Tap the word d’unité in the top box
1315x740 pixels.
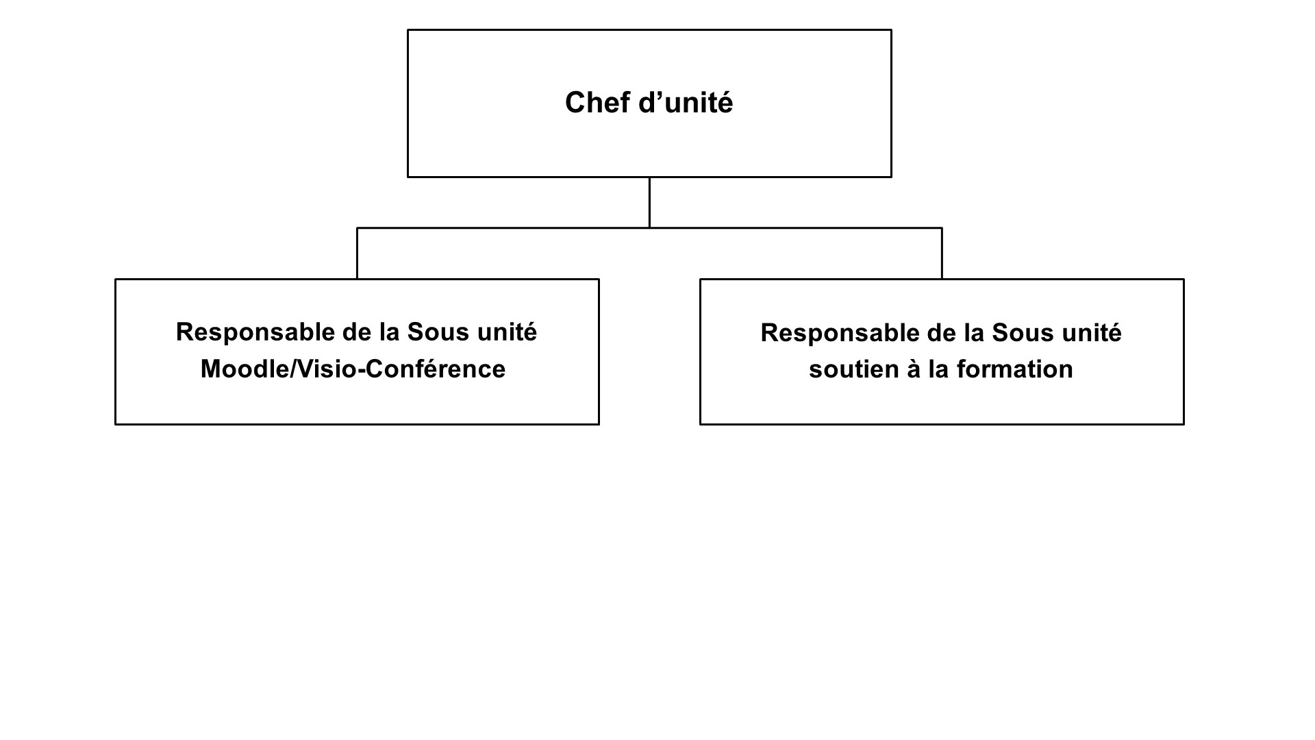(x=686, y=103)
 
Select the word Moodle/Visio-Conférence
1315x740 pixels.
(x=353, y=369)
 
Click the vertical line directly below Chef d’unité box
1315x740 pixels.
(x=649, y=203)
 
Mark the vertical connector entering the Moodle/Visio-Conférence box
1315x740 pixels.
(x=357, y=253)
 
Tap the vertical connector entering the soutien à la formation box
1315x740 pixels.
(x=942, y=253)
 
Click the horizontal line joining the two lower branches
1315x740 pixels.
(x=649, y=228)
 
